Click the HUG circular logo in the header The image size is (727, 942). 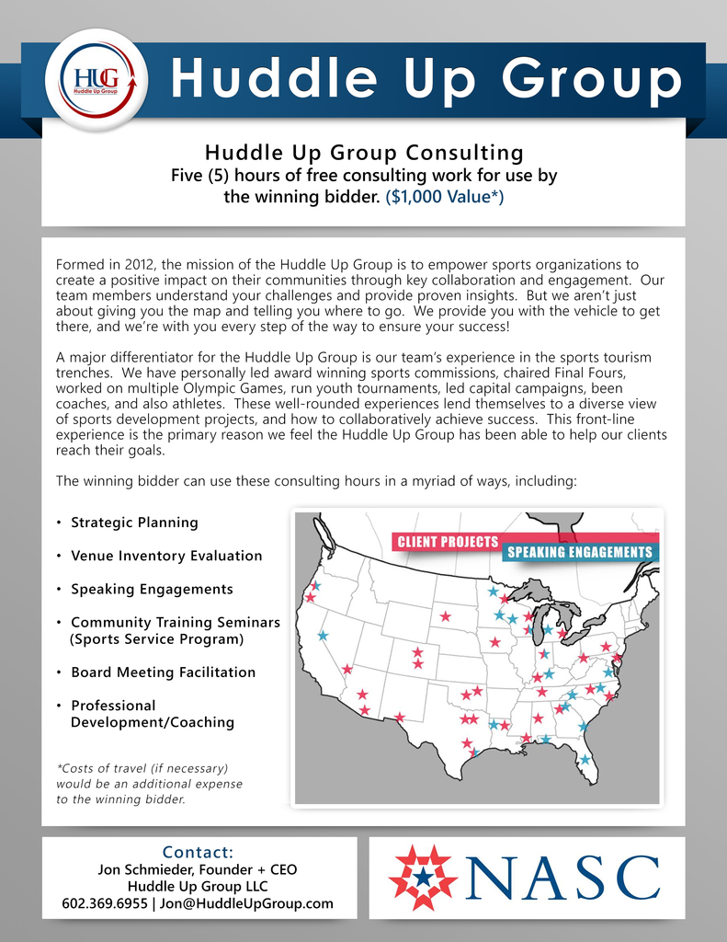97,81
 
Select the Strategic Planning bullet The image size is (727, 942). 134,523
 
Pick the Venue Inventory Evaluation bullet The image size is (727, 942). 166,556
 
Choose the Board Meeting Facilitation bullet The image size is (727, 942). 163,672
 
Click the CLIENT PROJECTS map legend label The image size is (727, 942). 448,542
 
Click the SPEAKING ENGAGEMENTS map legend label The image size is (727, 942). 579,552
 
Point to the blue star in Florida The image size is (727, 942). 585,760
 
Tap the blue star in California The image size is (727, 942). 323,636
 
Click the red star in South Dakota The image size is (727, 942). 446,616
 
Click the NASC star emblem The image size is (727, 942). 423,877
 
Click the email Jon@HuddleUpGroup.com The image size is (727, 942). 246,903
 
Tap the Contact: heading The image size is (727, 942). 198,852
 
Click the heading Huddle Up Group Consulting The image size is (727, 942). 364,152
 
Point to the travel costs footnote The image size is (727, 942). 149,783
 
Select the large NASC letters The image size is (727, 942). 563,878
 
